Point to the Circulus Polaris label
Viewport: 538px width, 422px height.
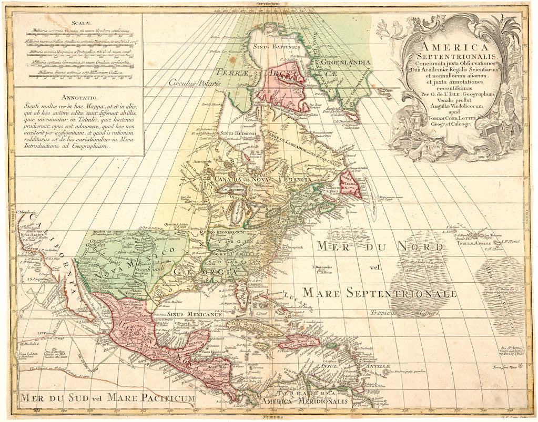[190, 83]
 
